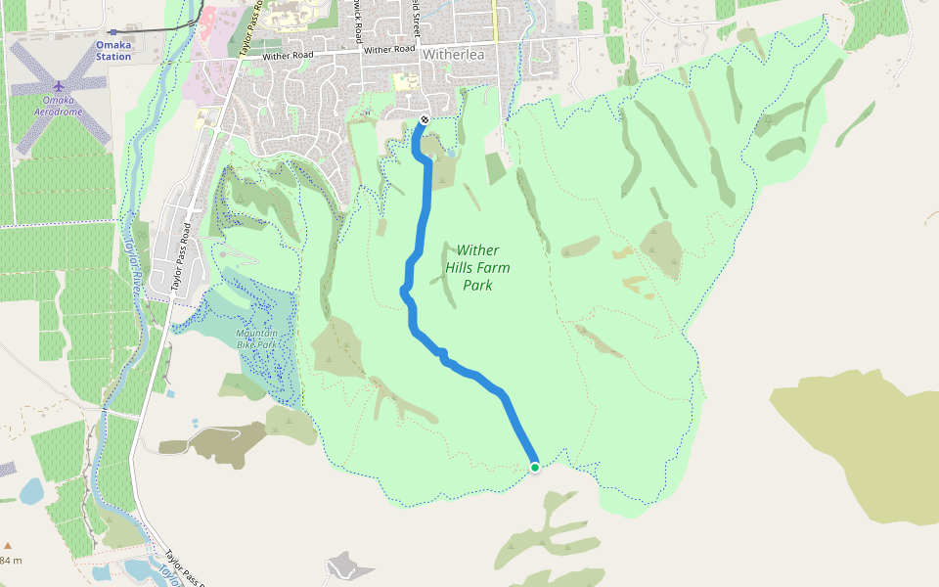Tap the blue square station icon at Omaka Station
112,31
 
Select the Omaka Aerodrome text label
59,106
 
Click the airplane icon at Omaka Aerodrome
59,86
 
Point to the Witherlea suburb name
453,55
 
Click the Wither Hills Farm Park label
477,267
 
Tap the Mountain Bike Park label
256,339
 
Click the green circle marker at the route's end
535,468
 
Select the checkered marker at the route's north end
424,120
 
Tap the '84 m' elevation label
11,561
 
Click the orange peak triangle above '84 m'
8,546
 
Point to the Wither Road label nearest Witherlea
390,49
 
